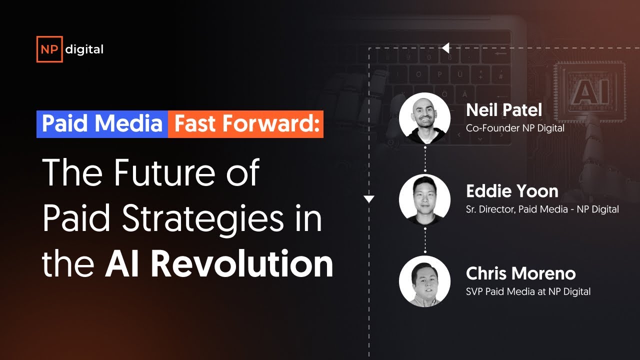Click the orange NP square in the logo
point(49,49)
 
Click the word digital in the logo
point(84,49)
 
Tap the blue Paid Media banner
point(102,124)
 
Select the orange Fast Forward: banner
point(246,124)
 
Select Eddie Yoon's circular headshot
point(424,199)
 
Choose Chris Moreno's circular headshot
point(424,281)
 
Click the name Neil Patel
point(504,110)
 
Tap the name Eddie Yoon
point(512,191)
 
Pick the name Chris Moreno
point(520,273)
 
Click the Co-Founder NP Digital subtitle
point(515,128)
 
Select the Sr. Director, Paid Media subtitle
point(542,209)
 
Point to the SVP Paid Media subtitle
point(528,291)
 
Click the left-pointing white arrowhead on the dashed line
point(445,48)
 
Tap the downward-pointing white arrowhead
point(369,199)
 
